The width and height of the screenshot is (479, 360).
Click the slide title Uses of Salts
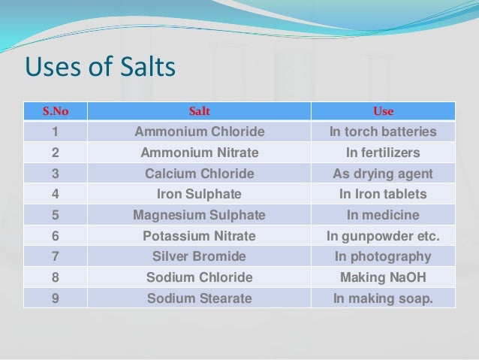coord(100,68)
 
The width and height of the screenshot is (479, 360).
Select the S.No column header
coord(55,111)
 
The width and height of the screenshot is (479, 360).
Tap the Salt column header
coord(199,111)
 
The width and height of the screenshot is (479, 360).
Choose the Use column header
coord(383,111)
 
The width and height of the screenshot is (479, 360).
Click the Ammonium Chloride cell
coord(199,132)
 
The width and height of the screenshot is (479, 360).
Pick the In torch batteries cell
coord(383,132)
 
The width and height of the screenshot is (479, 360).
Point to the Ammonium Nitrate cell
coord(199,153)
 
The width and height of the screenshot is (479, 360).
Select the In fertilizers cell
coord(383,153)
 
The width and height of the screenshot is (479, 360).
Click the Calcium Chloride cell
coord(199,174)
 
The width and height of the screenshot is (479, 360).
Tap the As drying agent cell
coord(383,174)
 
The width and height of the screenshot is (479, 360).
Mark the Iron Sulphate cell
coord(199,194)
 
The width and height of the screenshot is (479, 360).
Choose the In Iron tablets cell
coord(383,194)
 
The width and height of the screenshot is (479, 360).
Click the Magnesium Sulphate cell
coord(199,215)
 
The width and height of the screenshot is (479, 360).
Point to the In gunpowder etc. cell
coord(383,236)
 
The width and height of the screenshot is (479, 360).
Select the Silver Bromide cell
coord(199,256)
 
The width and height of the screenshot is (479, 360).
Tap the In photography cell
coord(383,256)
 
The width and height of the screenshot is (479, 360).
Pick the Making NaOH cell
coord(383,277)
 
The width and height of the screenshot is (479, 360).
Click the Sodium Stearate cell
coord(199,298)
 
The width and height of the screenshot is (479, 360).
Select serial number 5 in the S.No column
coord(55,215)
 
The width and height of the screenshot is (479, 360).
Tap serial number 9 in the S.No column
coord(55,298)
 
